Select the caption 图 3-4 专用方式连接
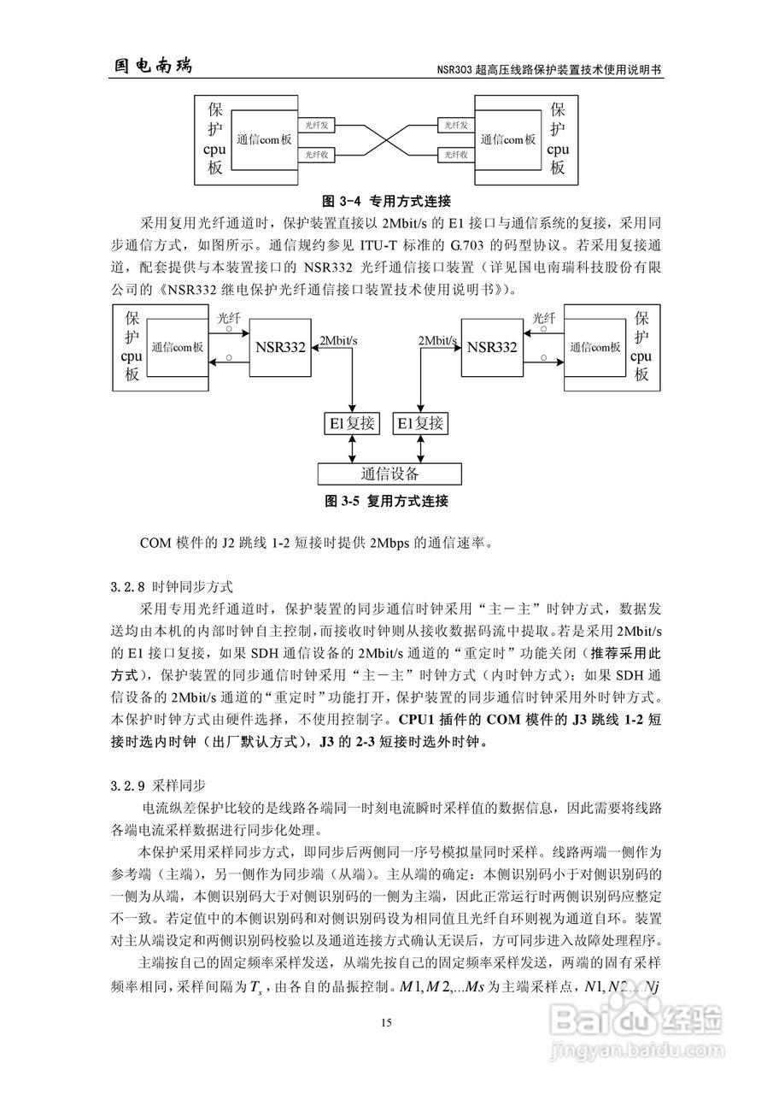coord(385,202)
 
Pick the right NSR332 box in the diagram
coord(493,347)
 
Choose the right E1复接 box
coord(420,424)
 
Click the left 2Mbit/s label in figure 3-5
coord(338,341)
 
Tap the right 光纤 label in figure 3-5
coord(543,319)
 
